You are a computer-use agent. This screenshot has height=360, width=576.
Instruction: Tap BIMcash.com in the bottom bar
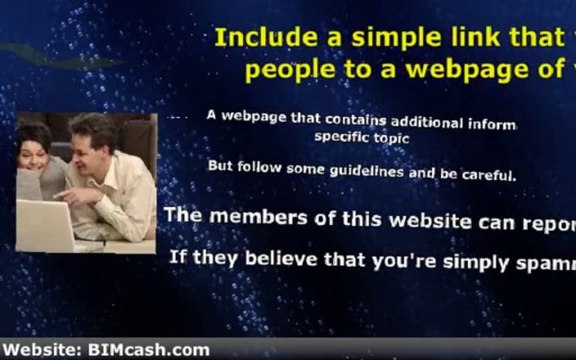pos(148,350)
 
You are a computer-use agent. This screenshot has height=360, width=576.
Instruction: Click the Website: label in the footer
pos(42,350)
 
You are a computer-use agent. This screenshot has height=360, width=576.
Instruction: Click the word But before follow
pos(220,165)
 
